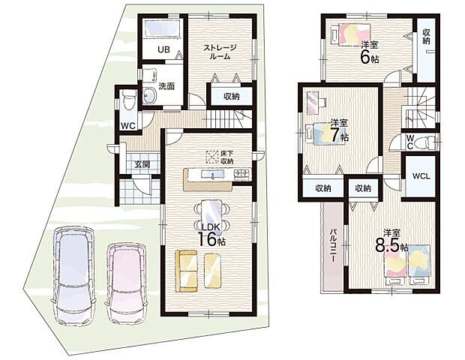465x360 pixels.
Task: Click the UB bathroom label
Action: coord(163,50)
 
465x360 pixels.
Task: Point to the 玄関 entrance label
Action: coord(142,165)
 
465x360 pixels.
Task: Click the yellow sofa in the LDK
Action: coord(199,269)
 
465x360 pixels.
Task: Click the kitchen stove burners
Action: coord(242,175)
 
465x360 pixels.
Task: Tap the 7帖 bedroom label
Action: coord(339,131)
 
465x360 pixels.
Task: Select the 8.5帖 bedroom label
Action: coord(391,241)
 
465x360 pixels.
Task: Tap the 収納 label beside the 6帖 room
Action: coord(426,35)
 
